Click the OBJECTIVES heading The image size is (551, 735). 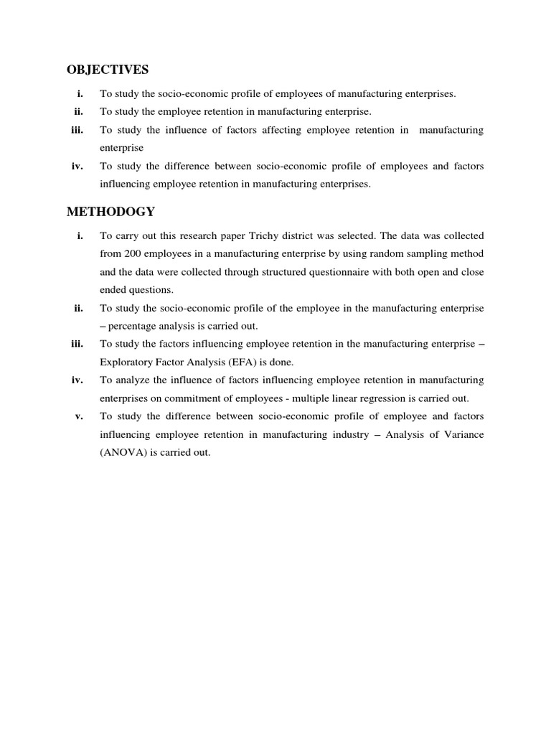click(108, 70)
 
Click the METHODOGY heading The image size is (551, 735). click(110, 212)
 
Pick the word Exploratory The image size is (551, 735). click(126, 362)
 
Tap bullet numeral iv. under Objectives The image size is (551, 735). click(77, 167)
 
